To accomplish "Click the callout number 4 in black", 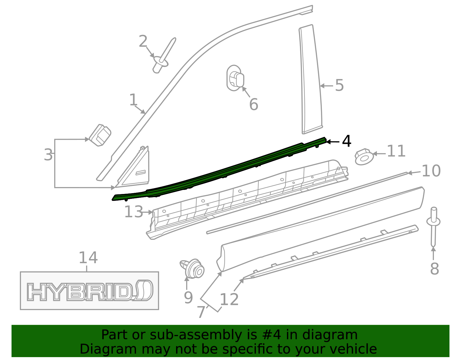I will click(347, 141).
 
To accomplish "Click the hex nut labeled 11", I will click(364, 157).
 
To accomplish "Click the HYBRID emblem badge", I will click(90, 291).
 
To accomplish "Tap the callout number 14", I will click(88, 257).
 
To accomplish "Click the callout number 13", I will click(133, 212).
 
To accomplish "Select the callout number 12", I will click(229, 299).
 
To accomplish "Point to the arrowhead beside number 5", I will click(322, 86).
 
